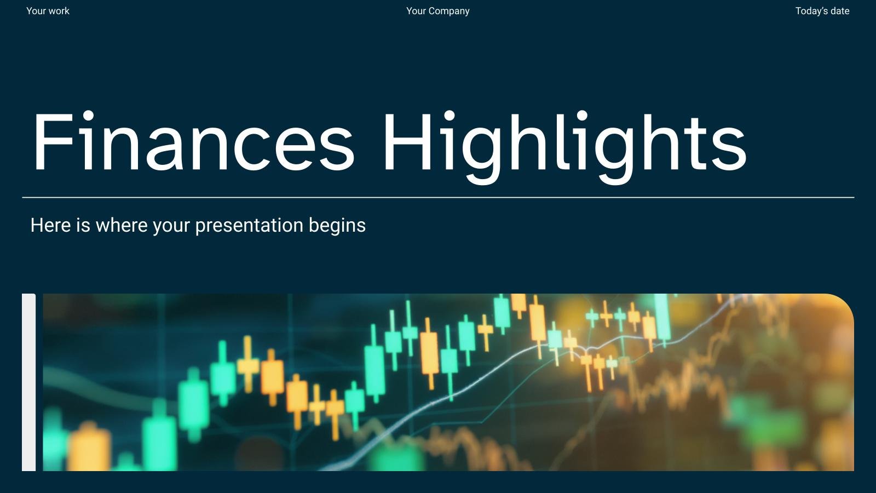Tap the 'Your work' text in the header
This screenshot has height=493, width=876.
pos(48,11)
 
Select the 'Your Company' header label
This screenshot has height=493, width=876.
pos(437,11)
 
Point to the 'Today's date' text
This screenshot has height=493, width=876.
pos(822,11)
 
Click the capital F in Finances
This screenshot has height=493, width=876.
pos(53,141)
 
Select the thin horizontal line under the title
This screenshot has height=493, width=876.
pos(438,197)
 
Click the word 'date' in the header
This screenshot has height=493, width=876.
pos(840,11)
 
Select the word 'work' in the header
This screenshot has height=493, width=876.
pos(59,11)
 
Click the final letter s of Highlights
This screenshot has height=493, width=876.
pos(731,148)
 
